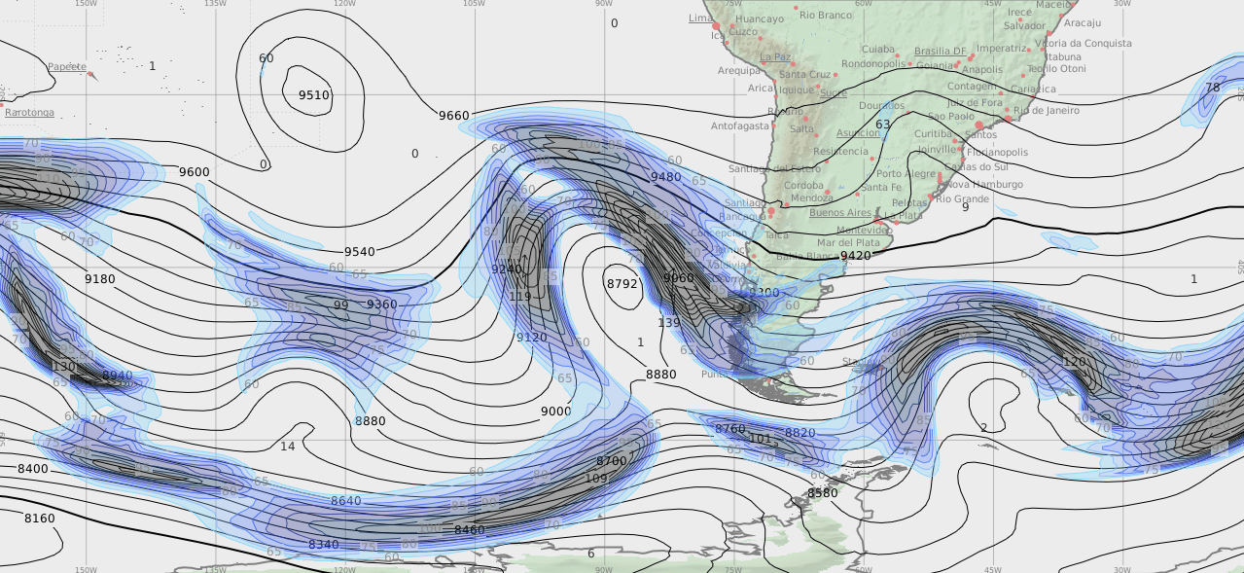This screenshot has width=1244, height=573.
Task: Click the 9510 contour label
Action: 313,95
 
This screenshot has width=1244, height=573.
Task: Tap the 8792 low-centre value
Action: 622,284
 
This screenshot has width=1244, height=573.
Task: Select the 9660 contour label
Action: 453,116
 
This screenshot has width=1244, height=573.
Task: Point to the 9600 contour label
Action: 194,172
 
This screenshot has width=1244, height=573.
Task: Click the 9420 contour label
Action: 855,256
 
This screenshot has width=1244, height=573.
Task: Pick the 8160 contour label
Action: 39,519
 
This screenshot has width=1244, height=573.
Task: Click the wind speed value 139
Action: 668,323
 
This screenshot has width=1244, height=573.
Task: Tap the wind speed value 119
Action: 519,297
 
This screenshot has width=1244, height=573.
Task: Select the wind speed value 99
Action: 340,305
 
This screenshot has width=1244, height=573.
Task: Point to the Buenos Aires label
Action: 839,212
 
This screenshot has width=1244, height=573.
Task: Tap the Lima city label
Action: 699,18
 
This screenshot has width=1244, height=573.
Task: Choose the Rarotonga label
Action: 29,113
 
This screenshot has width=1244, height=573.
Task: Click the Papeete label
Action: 67,67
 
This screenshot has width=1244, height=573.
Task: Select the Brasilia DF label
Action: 940,52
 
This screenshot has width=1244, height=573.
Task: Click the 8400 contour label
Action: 32,469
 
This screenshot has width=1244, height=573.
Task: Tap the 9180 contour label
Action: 99,279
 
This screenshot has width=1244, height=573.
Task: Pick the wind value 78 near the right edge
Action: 1212,88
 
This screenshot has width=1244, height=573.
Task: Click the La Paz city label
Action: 775,57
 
